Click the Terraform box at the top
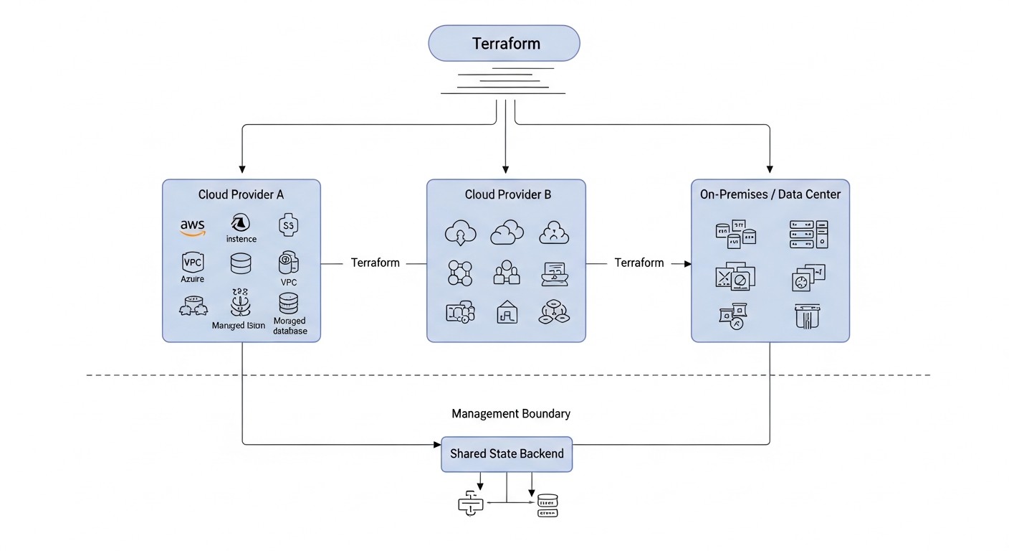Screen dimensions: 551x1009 pyautogui.click(x=504, y=43)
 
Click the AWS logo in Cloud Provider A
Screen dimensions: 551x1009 pyautogui.click(x=192, y=227)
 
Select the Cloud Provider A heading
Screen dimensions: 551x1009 pyautogui.click(x=241, y=194)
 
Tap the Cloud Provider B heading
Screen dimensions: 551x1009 pyautogui.click(x=507, y=194)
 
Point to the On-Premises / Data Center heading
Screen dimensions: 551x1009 pyautogui.click(x=770, y=194)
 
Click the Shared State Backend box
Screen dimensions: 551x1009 pyautogui.click(x=507, y=453)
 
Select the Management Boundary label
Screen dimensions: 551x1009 pyautogui.click(x=511, y=414)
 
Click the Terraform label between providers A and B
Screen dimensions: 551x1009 pyautogui.click(x=375, y=263)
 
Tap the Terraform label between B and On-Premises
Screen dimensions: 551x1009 pyautogui.click(x=639, y=263)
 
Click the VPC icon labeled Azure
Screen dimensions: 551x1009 pyautogui.click(x=193, y=262)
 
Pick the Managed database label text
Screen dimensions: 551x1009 pyautogui.click(x=290, y=326)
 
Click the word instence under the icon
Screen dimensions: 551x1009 pyautogui.click(x=241, y=239)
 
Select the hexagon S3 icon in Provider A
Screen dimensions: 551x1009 pyautogui.click(x=289, y=225)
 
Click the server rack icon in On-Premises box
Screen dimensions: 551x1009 pyautogui.click(x=808, y=235)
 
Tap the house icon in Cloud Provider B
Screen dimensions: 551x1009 pyautogui.click(x=507, y=311)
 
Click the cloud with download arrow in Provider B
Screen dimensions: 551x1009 pyautogui.click(x=459, y=233)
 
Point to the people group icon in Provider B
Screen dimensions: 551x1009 pyautogui.click(x=507, y=272)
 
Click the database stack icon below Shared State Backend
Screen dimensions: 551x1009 pyautogui.click(x=547, y=504)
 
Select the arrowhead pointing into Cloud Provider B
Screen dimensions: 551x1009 pyautogui.click(x=506, y=170)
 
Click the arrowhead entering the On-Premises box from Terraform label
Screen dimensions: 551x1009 pyautogui.click(x=687, y=263)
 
